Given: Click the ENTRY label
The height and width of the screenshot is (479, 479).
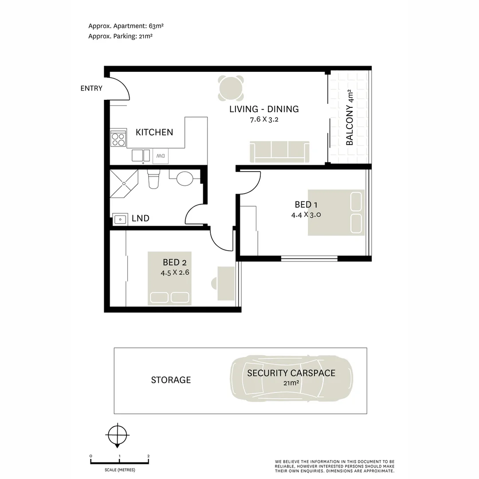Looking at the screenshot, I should click(x=91, y=88).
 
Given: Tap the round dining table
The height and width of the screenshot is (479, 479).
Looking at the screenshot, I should click(x=231, y=89).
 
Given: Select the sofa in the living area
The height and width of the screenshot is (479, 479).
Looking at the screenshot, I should click(x=280, y=152).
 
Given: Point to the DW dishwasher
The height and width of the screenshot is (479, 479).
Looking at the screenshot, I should click(x=161, y=156).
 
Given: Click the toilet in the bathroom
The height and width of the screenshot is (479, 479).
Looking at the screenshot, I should click(x=153, y=179).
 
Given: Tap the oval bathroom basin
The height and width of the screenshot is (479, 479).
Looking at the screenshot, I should click(x=185, y=179).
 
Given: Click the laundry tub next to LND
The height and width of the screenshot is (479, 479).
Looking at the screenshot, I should click(x=119, y=219).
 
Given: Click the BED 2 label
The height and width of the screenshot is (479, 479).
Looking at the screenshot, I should click(x=174, y=262).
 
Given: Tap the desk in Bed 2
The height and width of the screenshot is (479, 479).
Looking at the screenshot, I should click(x=226, y=283).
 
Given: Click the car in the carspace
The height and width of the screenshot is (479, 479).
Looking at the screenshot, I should click(x=291, y=378).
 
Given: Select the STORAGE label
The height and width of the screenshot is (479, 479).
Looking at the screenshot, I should click(x=171, y=380).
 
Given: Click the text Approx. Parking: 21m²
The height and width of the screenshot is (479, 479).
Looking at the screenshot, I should click(x=120, y=36).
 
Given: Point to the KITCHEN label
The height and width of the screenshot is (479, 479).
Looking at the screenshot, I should click(x=154, y=132).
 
